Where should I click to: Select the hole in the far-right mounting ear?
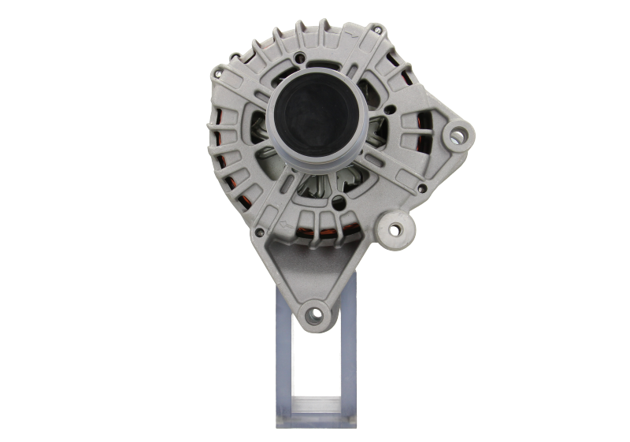(456, 136)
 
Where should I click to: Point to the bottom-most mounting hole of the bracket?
(316, 314)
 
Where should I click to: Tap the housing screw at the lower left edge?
(258, 233)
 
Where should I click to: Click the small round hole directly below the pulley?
(339, 203)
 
